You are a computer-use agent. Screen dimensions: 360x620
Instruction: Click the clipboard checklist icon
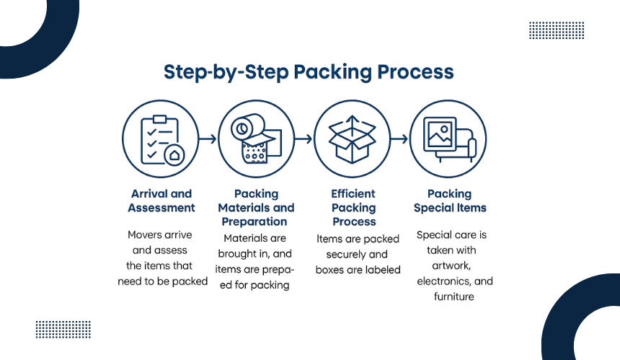pyautogui.click(x=161, y=139)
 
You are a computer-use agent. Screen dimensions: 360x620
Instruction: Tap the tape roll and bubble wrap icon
pyautogui.click(x=257, y=139)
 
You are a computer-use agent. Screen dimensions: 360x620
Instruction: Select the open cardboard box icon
pyautogui.click(x=353, y=139)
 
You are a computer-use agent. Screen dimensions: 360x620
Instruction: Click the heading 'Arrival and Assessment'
pyautogui.click(x=161, y=201)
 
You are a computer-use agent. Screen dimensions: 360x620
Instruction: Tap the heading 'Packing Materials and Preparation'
pyautogui.click(x=257, y=208)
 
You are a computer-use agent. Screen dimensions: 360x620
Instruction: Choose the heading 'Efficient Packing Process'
pyautogui.click(x=353, y=208)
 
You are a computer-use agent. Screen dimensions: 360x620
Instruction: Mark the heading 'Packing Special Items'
pyautogui.click(x=449, y=201)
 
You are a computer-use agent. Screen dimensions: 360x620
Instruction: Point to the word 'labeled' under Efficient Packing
pyautogui.click(x=384, y=270)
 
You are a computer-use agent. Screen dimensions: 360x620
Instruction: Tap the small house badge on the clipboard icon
pyautogui.click(x=174, y=154)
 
